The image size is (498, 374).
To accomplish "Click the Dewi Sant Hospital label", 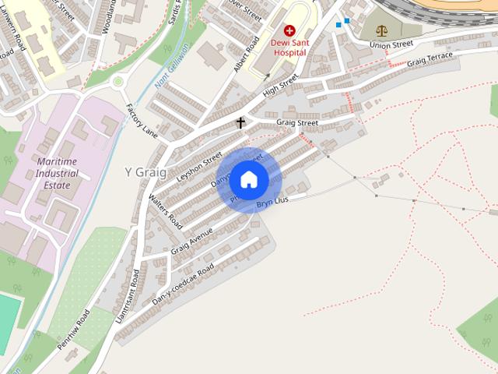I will (x=289, y=46).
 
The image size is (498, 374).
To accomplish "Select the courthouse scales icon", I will (x=381, y=31).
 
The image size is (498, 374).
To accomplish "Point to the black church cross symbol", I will (x=240, y=123).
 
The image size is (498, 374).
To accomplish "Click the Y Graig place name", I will (x=146, y=171).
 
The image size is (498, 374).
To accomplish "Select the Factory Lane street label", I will (x=141, y=121).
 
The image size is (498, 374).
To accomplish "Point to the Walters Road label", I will (x=165, y=211).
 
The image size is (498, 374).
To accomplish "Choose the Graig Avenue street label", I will (x=191, y=239).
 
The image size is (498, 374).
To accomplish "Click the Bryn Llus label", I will (x=272, y=203).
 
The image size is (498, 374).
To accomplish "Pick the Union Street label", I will (x=391, y=45).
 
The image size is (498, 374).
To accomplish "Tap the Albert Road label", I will (x=246, y=55).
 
